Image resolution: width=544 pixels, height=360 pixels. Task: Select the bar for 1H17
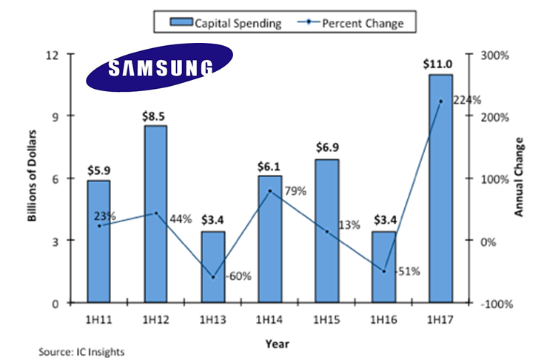440,189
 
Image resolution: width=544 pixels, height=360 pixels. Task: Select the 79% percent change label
295,191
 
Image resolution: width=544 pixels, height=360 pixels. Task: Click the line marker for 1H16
384,271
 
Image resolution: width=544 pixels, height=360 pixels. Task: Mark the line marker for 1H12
155,213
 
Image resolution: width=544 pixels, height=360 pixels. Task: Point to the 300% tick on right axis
491,56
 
